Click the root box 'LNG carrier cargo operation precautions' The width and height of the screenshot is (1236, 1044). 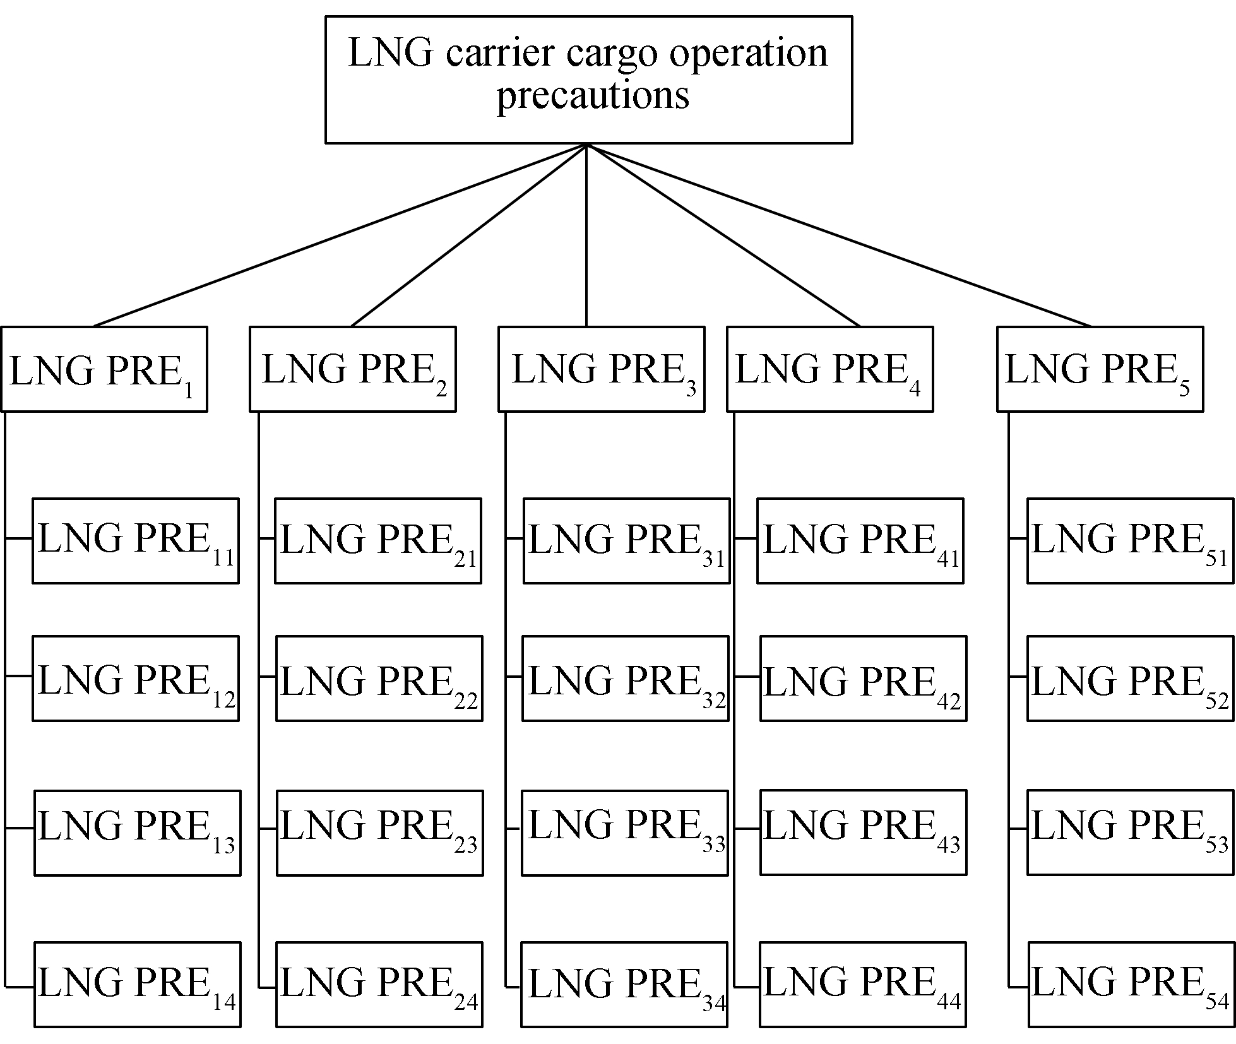(x=588, y=80)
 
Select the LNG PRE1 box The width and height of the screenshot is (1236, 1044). (x=104, y=369)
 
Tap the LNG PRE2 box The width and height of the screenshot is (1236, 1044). (x=353, y=369)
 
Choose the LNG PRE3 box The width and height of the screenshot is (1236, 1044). (x=602, y=369)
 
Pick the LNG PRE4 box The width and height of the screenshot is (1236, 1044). (x=830, y=369)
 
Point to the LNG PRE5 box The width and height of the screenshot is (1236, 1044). (x=1100, y=369)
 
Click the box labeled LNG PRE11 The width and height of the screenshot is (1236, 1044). (x=136, y=541)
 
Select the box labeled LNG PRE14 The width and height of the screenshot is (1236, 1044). (x=138, y=985)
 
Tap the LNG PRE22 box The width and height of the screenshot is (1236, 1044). (x=379, y=679)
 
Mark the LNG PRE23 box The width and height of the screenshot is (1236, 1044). (x=380, y=833)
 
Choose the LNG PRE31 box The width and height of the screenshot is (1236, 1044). (x=627, y=541)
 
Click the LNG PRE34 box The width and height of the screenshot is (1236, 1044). (x=624, y=985)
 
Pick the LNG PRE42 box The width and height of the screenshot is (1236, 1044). (x=864, y=679)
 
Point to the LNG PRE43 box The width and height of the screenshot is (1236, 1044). (x=864, y=833)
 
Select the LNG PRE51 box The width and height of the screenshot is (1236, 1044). (x=1131, y=541)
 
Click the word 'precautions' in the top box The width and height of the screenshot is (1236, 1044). (x=593, y=96)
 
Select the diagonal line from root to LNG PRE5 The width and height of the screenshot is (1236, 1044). (x=840, y=235)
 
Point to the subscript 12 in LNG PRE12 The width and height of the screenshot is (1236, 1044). (x=223, y=699)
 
